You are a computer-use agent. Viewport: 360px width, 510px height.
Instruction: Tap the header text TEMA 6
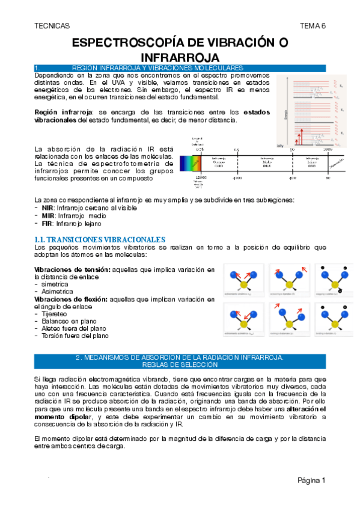[313, 26]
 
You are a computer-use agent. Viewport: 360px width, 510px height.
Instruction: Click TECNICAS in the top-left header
[52, 26]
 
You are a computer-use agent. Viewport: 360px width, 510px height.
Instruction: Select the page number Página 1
[311, 481]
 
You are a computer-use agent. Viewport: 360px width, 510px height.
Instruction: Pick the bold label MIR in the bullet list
[48, 215]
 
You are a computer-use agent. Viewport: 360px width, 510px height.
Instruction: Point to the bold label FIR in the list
[47, 223]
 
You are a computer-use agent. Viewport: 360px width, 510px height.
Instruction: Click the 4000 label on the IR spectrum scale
[237, 178]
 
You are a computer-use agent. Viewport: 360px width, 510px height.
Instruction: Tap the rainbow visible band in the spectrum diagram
[195, 164]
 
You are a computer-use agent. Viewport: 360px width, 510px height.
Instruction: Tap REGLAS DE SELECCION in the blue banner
[180, 364]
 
